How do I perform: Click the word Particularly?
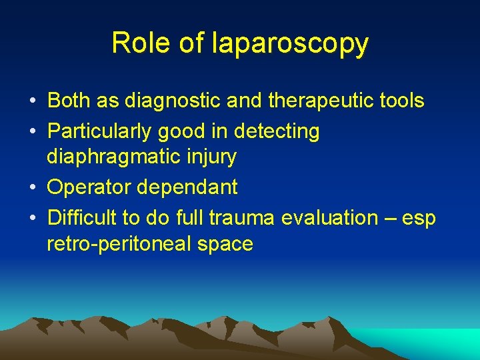(99, 131)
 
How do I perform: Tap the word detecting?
(277, 131)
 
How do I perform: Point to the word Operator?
(89, 187)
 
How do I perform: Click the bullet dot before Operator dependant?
(33, 188)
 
